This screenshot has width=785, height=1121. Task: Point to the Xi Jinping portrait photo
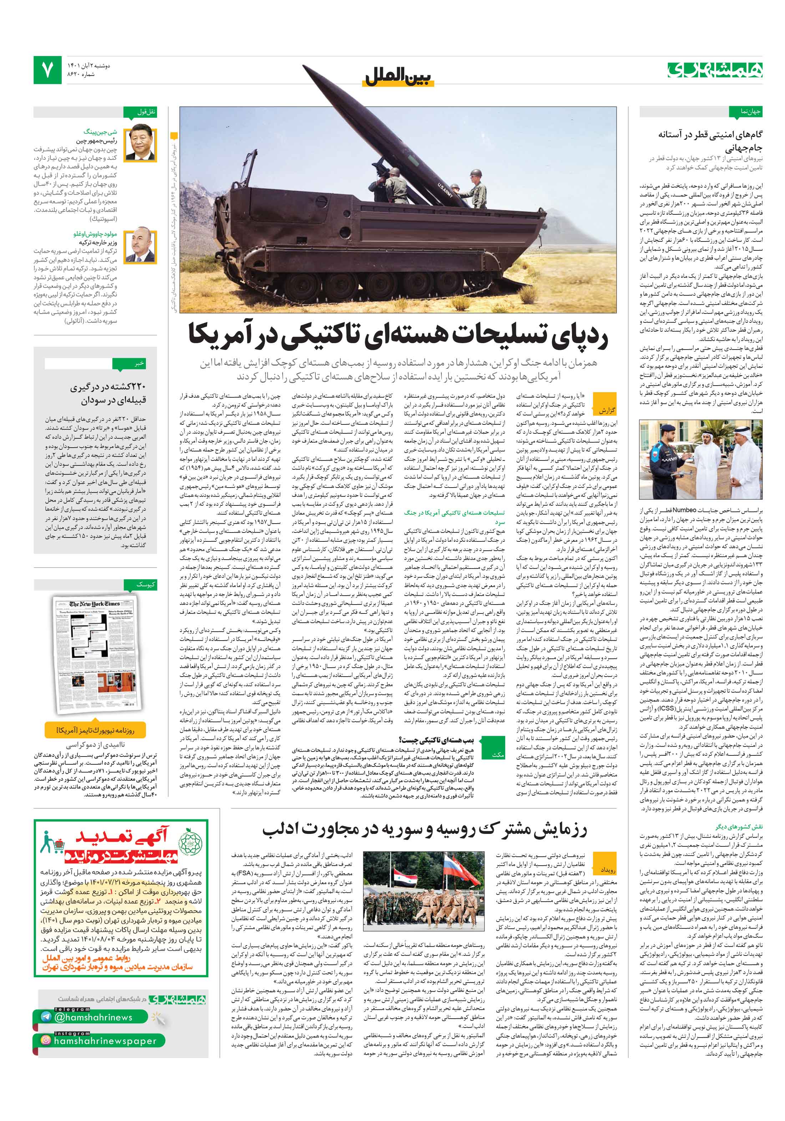click(140, 144)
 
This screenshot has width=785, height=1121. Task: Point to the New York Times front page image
click(95, 654)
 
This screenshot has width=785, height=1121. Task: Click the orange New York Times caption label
click(95, 730)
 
